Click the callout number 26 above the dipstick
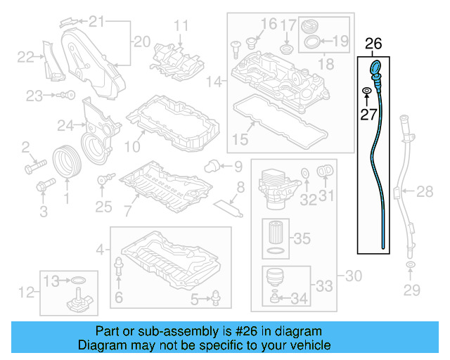click(x=373, y=44)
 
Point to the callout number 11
click(x=181, y=27)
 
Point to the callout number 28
click(x=425, y=191)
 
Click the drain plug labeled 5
click(x=214, y=301)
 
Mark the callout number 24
click(x=65, y=126)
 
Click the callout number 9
click(x=237, y=167)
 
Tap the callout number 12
click(x=25, y=291)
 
